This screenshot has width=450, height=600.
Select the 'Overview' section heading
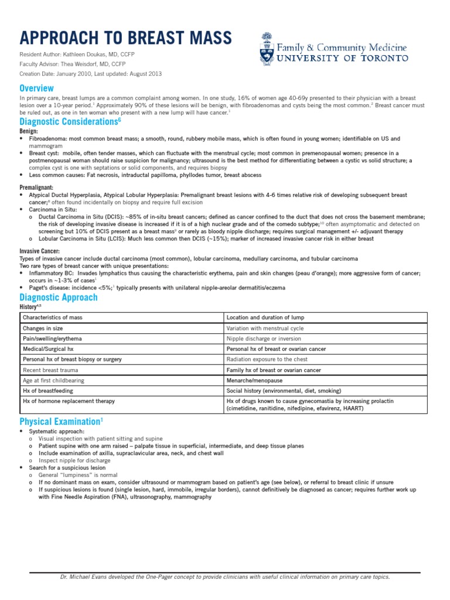37,87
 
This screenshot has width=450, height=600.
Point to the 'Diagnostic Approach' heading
59,297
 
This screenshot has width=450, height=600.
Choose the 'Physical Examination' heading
59,421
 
